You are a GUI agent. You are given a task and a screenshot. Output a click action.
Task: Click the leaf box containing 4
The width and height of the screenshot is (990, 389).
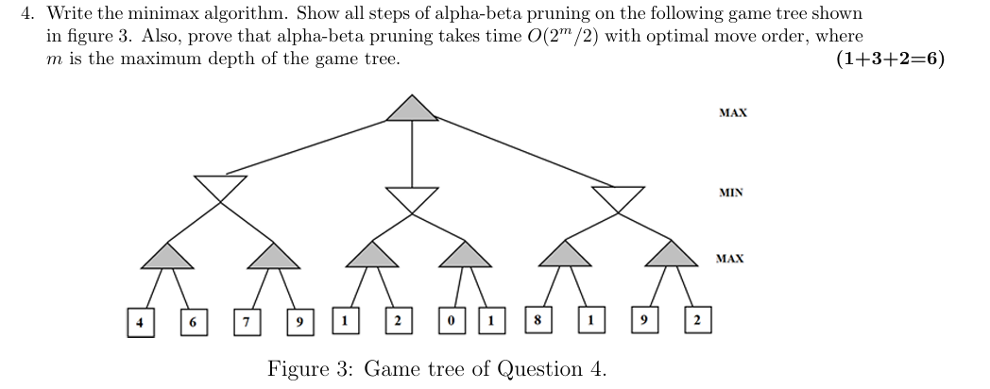click(140, 321)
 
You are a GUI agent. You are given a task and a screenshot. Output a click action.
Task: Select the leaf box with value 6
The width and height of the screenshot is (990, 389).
click(193, 321)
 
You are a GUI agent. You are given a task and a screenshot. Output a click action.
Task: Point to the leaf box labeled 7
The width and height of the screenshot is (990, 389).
click(246, 321)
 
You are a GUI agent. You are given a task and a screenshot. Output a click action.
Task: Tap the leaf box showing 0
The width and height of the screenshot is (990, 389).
click(452, 321)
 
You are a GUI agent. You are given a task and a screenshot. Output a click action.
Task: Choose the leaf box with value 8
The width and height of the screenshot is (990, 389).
click(538, 321)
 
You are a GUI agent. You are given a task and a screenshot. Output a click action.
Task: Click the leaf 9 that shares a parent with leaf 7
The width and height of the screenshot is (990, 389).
click(299, 321)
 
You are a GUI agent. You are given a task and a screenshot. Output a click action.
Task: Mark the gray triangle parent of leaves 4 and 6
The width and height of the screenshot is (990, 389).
click(166, 256)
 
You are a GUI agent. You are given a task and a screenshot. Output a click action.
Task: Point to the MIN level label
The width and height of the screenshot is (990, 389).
click(730, 193)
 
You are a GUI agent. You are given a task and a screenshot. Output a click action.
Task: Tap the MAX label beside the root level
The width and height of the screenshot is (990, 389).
click(733, 112)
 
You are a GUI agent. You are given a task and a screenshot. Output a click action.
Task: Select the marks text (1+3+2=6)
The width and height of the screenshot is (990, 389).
click(890, 59)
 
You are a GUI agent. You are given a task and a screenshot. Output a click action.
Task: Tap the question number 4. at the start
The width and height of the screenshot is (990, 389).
click(27, 14)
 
